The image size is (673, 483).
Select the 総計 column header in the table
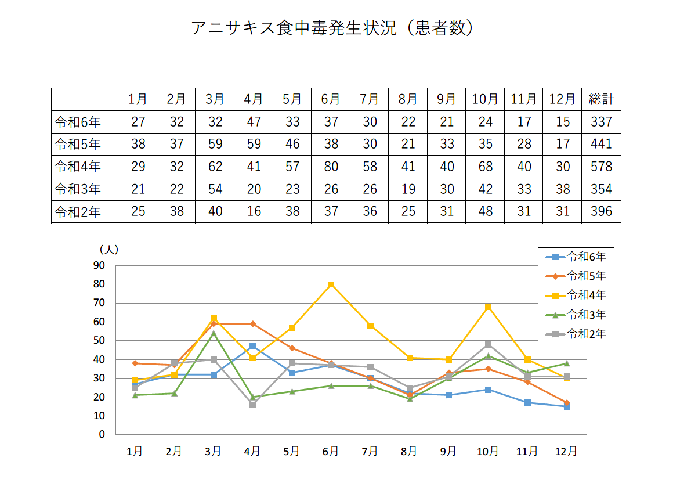(x=600, y=99)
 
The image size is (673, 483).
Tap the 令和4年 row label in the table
(x=78, y=167)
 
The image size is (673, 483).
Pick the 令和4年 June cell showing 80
(x=331, y=167)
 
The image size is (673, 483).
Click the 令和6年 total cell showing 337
(x=600, y=122)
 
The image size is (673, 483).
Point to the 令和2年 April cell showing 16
(x=254, y=212)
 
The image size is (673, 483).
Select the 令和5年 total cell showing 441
(x=600, y=145)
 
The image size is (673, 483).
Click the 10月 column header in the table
(x=485, y=99)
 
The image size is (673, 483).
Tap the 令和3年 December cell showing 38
(x=562, y=189)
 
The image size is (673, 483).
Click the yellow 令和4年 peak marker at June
(x=331, y=284)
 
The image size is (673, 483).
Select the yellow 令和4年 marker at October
(x=488, y=307)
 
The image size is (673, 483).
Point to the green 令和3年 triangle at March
(x=214, y=333)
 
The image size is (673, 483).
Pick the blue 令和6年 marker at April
(x=252, y=347)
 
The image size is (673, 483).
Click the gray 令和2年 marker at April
(x=252, y=404)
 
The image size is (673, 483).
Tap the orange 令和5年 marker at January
(x=135, y=363)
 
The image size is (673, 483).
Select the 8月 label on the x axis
(x=409, y=451)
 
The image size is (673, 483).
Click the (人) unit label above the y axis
(x=108, y=250)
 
